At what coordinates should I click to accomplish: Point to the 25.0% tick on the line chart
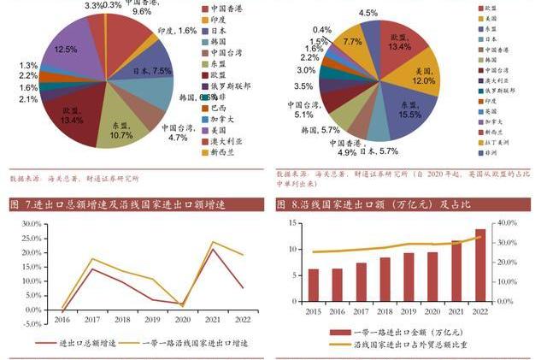[x=30, y=237]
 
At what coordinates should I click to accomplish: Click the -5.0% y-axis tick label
[x=30, y=323]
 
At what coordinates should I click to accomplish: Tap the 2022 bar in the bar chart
[x=479, y=269]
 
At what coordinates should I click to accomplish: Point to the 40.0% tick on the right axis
[x=506, y=222]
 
